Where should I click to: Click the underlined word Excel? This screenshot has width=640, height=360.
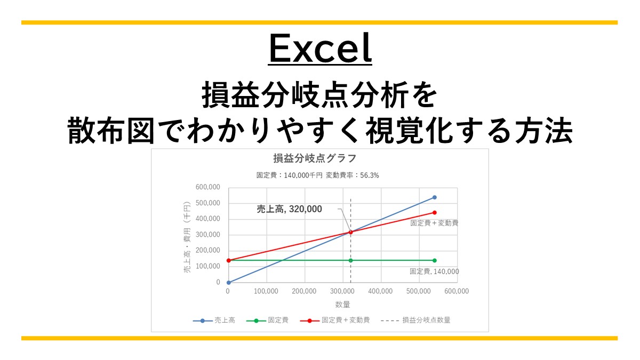coord(319,49)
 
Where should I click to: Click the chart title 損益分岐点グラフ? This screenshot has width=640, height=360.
coord(314,158)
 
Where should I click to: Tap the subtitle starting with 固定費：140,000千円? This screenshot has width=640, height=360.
coord(318,175)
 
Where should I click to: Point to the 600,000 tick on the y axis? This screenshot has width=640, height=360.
coord(207,187)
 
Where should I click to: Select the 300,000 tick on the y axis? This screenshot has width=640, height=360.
coord(207,235)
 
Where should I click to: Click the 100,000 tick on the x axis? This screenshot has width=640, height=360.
coord(266,291)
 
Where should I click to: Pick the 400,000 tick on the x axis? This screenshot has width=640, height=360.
coord(380,291)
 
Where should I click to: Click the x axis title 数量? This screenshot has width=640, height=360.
coord(342,305)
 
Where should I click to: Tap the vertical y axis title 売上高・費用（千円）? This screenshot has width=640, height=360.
coord(187,237)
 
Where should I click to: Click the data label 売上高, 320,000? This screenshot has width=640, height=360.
coord(290,210)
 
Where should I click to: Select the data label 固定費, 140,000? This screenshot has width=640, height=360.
coord(434,271)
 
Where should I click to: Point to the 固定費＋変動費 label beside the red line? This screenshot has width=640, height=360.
coord(434,223)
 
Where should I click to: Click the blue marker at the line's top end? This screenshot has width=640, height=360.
coord(435,197)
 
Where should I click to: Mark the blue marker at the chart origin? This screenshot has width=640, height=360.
coord(228,283)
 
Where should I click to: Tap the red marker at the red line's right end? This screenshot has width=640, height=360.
coord(435,213)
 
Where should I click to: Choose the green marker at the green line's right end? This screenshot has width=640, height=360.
coord(435,260)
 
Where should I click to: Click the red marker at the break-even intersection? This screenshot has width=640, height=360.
coord(350,232)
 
